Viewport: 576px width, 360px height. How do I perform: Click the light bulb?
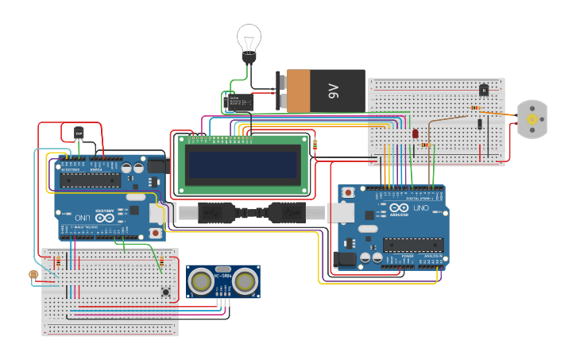tap(249, 40)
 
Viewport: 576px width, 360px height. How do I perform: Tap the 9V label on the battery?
tap(332, 91)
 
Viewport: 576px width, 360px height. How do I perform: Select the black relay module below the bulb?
tap(237, 102)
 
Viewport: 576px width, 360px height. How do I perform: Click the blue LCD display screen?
tap(242, 165)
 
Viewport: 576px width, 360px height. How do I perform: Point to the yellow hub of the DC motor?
tap(532, 119)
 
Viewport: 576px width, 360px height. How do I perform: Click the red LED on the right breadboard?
tap(415, 134)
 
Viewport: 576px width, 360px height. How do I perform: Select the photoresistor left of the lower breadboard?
tap(33, 274)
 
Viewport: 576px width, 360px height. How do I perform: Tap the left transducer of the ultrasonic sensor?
tap(202, 281)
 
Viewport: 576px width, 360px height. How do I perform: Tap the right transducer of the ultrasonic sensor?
tap(245, 281)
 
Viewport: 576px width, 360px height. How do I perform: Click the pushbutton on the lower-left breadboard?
tap(165, 292)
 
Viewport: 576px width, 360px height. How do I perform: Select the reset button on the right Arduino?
tap(348, 192)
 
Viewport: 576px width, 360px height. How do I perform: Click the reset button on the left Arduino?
tap(155, 233)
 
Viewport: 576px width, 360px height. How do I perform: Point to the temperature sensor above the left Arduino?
tap(78, 133)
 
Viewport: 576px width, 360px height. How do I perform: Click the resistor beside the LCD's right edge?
tap(315, 145)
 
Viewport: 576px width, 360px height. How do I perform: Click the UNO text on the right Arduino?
tap(419, 208)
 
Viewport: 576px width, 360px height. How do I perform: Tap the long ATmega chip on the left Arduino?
tap(90, 180)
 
